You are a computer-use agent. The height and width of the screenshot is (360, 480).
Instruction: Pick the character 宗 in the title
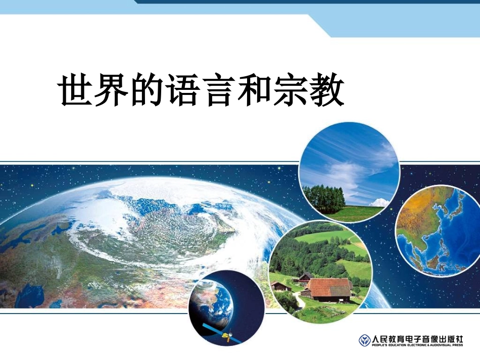(290, 90)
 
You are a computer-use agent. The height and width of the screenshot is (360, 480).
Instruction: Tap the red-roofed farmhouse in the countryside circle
(329, 288)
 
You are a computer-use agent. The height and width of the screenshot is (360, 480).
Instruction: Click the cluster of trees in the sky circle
(323, 198)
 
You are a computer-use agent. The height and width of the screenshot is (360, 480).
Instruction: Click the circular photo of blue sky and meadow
(349, 172)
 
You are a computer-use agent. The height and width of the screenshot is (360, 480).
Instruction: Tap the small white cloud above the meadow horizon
(380, 202)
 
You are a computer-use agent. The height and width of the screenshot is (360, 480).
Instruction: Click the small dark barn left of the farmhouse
(281, 286)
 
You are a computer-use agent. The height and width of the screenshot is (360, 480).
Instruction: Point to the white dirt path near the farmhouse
(300, 300)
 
